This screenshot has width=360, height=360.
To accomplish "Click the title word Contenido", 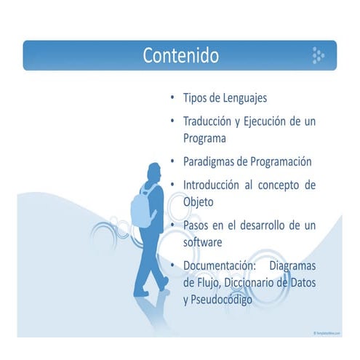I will [180, 55].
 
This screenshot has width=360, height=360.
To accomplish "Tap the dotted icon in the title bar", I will [318, 55].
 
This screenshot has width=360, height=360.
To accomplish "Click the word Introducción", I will [216, 185].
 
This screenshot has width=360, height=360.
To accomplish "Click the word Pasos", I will [196, 225].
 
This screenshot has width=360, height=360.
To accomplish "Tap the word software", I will [202, 241].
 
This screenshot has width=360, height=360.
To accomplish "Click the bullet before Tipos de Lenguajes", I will [172, 97].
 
